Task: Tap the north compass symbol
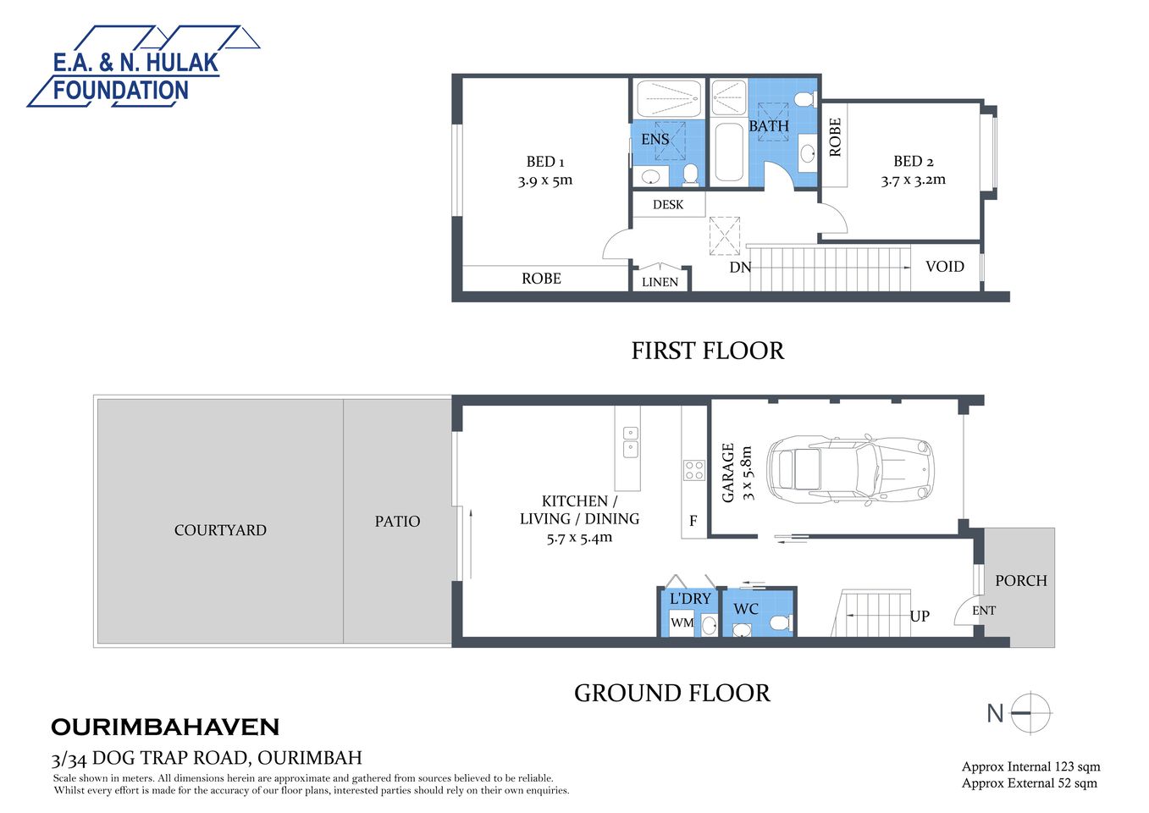[x=1030, y=713]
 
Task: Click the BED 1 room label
[x=545, y=162]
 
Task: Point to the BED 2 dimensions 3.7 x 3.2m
[x=913, y=180]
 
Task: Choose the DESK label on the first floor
[x=667, y=205]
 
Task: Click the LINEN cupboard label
[x=660, y=282]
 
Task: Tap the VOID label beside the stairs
[x=944, y=267]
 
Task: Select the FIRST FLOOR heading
[x=707, y=351]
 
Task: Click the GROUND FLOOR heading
[x=671, y=694]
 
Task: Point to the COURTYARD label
[x=220, y=530]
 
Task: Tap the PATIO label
[x=397, y=522]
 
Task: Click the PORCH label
[x=1020, y=581]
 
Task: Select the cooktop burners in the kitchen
[x=694, y=470]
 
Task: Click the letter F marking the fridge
[x=693, y=521]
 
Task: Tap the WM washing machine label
[x=682, y=622]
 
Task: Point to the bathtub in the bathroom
[x=728, y=153]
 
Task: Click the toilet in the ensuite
[x=690, y=174]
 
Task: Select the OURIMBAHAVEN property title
[x=165, y=727]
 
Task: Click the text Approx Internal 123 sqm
[x=1030, y=767]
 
